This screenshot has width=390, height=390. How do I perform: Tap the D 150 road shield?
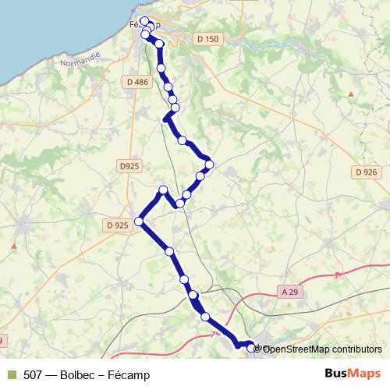click(x=207, y=39)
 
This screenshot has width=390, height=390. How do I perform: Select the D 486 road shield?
click(x=136, y=81)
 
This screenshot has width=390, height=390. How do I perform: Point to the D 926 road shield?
click(x=365, y=172)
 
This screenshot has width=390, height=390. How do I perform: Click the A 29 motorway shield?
click(x=289, y=292)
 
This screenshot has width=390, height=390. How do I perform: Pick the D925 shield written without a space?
click(x=129, y=166)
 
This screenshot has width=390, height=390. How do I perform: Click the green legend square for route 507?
click(x=11, y=374)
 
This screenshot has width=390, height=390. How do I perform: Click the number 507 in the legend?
click(x=34, y=375)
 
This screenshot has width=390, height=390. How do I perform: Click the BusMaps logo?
click(x=352, y=374)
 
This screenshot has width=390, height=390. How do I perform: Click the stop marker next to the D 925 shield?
click(x=140, y=222)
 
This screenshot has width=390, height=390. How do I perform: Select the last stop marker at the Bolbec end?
click(x=251, y=349)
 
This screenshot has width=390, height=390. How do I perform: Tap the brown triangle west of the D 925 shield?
click(x=14, y=244)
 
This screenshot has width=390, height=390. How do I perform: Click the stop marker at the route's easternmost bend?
click(x=209, y=163)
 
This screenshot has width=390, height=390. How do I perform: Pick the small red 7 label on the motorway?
click(x=212, y=334)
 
